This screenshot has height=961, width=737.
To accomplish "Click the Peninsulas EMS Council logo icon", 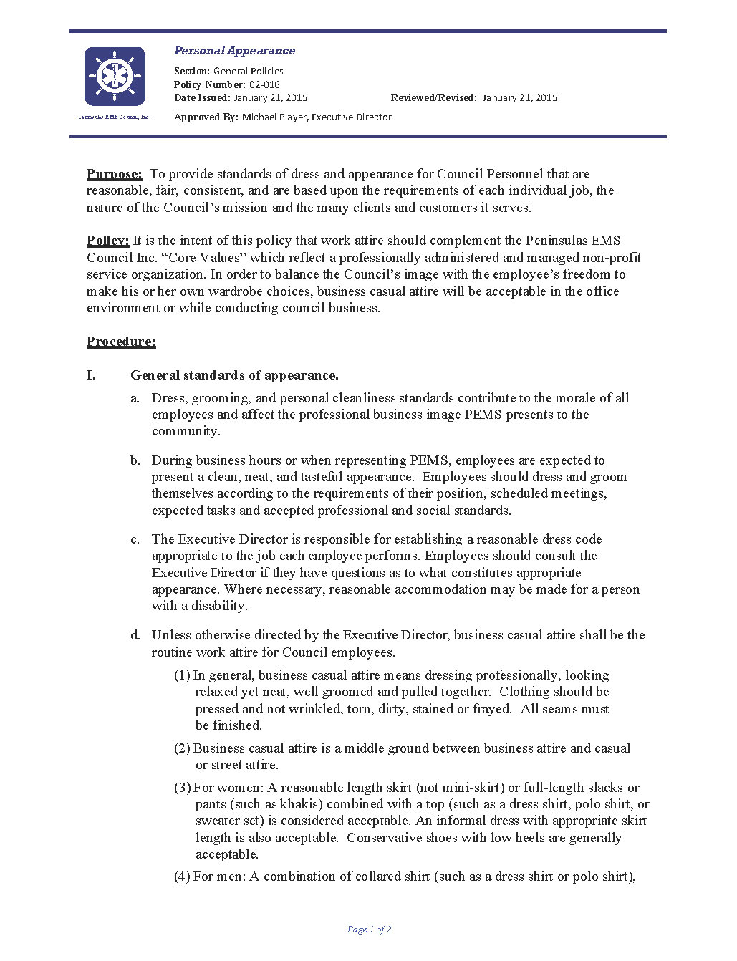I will pyautogui.click(x=115, y=76).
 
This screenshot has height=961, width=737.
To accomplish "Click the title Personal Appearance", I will pyautogui.click(x=234, y=51).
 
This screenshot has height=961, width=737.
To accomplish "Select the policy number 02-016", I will pyautogui.click(x=264, y=84).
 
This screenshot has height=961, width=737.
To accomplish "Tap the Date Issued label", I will pyautogui.click(x=202, y=97).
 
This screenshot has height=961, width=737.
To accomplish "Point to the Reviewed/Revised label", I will pyautogui.click(x=433, y=97).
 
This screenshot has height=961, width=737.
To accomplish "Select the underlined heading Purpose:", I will pyautogui.click(x=114, y=174).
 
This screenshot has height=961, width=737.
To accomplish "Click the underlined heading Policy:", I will pyautogui.click(x=107, y=241).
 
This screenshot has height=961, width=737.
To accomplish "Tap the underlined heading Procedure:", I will pyautogui.click(x=121, y=342).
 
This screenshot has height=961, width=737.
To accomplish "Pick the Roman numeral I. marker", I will pyautogui.click(x=91, y=375).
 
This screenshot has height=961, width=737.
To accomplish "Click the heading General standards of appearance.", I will pyautogui.click(x=234, y=375).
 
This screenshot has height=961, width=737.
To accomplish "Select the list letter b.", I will pyautogui.click(x=135, y=460).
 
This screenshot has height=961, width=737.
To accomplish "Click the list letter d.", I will pyautogui.click(x=135, y=635).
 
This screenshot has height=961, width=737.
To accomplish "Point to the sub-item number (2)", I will pyautogui.click(x=182, y=748).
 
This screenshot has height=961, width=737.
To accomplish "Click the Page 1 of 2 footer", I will pyautogui.click(x=369, y=929).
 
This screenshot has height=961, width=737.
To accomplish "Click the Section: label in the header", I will pyautogui.click(x=192, y=71).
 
